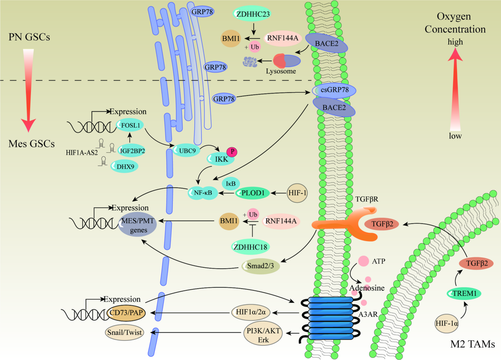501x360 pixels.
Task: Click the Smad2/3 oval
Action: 260,267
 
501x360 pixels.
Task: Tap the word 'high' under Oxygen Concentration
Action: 455,42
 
